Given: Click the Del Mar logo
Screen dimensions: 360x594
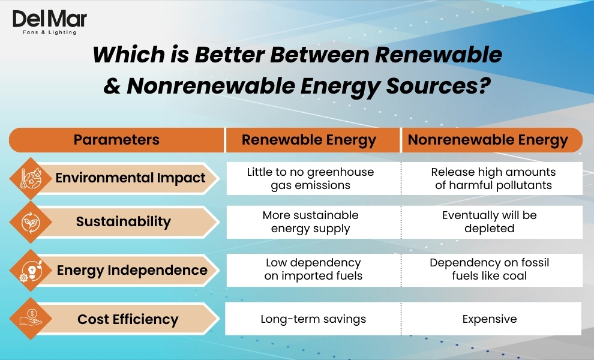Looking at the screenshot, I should tap(49, 22).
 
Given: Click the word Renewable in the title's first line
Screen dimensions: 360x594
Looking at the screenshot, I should tap(438, 55).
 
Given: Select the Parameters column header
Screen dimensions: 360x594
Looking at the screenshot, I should tap(116, 140).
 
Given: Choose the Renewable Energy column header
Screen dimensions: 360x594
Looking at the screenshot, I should tap(309, 140).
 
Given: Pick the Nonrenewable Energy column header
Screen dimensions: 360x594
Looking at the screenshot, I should tap(488, 140).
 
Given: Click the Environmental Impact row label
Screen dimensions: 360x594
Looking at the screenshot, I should tap(130, 178).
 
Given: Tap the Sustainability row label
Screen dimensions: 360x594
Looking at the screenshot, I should tap(123, 221).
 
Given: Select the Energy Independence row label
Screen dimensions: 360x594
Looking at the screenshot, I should tap(132, 270).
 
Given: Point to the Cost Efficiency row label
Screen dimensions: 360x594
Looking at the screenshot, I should tap(128, 319).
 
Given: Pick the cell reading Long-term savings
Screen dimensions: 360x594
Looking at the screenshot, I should tap(313, 319).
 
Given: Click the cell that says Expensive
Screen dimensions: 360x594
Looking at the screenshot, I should tap(490, 319).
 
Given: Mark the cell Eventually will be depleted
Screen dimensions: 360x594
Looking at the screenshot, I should tap(490, 221).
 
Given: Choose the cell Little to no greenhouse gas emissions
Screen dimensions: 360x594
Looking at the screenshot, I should tap(310, 178).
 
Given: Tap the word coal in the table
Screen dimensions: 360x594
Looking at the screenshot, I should tap(514, 276).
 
